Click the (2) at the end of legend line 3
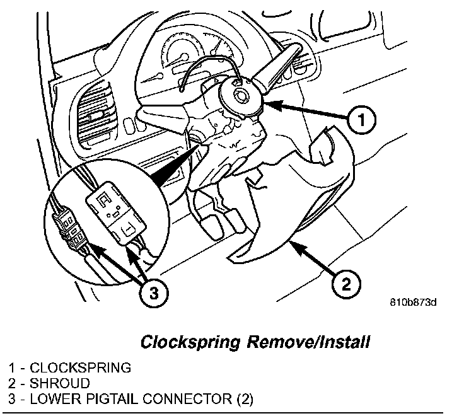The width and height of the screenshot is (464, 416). click(x=243, y=399)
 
